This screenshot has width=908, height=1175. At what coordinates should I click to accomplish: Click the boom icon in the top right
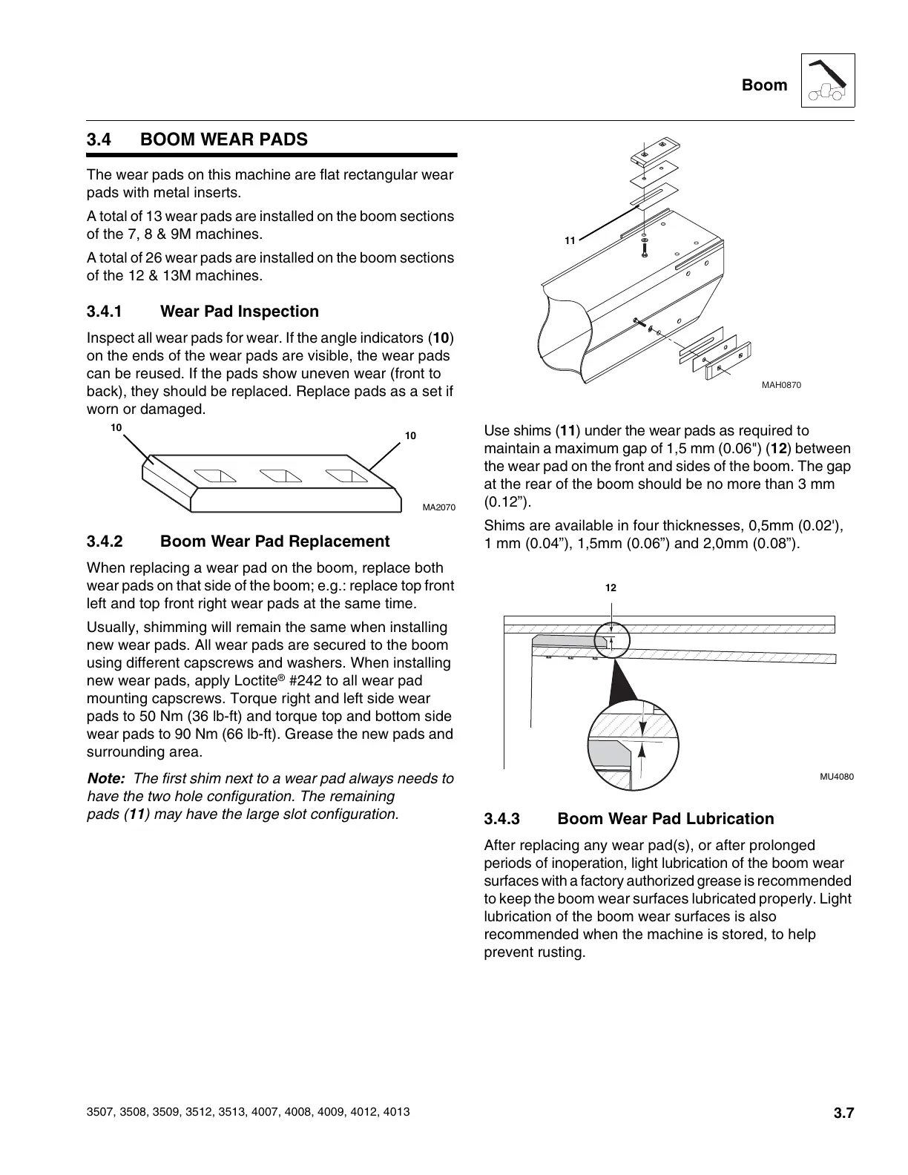pyautogui.click(x=828, y=81)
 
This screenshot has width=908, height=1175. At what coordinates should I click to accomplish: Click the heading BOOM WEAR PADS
pyautogui.click(x=223, y=139)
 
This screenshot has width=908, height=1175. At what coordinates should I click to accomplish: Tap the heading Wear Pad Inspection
pyautogui.click(x=240, y=312)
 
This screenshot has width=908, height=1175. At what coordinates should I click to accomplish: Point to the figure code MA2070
pyautogui.click(x=438, y=507)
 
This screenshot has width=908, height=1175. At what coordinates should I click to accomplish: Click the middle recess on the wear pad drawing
pyautogui.click(x=278, y=474)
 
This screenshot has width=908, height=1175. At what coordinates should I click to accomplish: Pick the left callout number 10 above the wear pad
pyautogui.click(x=116, y=428)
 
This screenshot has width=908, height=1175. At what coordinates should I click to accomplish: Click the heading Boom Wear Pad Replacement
pyautogui.click(x=274, y=542)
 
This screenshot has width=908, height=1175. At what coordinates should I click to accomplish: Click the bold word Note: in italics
pyautogui.click(x=105, y=779)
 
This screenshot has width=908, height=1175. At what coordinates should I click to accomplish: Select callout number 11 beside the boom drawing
pyautogui.click(x=570, y=241)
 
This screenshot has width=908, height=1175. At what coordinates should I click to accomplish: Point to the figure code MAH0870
pyautogui.click(x=781, y=385)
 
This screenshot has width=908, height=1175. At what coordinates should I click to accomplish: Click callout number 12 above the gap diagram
pyautogui.click(x=611, y=588)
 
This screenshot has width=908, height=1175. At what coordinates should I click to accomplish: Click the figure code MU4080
pyautogui.click(x=836, y=777)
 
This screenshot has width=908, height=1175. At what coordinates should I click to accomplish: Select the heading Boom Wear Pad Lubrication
pyautogui.click(x=665, y=819)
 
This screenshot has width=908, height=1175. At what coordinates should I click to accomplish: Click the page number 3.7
pyautogui.click(x=843, y=1113)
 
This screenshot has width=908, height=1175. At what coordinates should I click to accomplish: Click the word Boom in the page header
pyautogui.click(x=764, y=85)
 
